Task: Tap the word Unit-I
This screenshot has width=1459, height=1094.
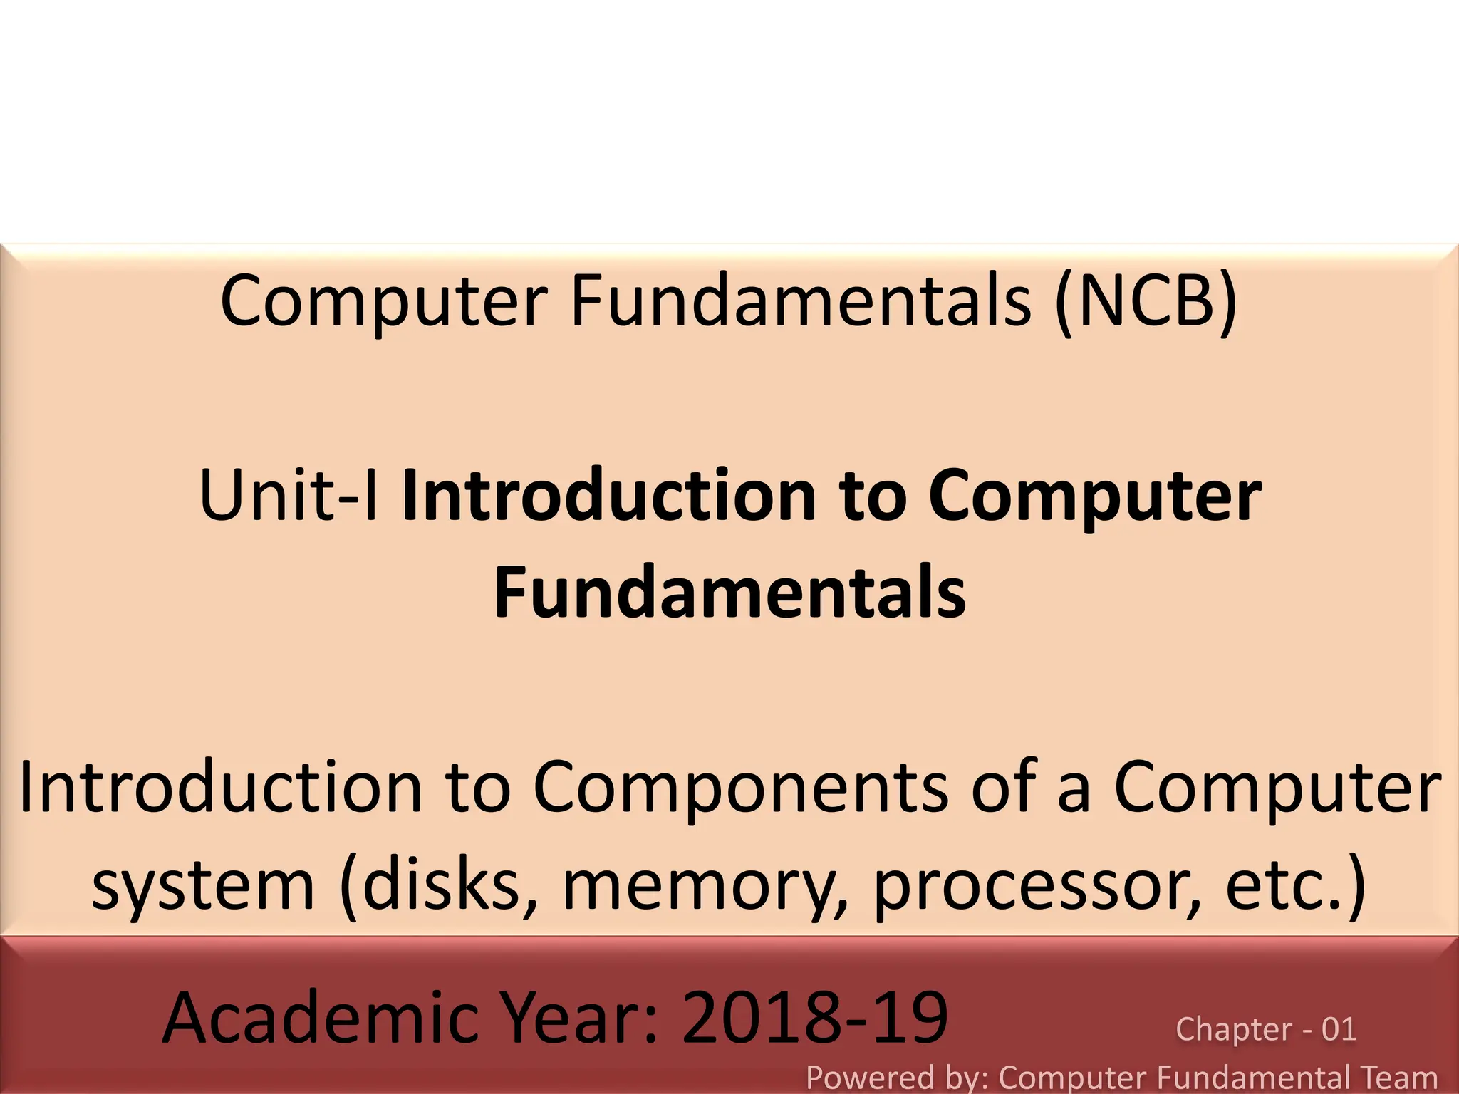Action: tap(289, 495)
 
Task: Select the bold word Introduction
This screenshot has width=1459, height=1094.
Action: tap(609, 495)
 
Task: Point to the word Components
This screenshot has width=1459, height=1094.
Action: tap(740, 788)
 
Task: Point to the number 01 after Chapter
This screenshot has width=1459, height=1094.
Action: tap(1339, 1029)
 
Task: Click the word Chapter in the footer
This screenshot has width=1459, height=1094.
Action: tap(1233, 1030)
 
